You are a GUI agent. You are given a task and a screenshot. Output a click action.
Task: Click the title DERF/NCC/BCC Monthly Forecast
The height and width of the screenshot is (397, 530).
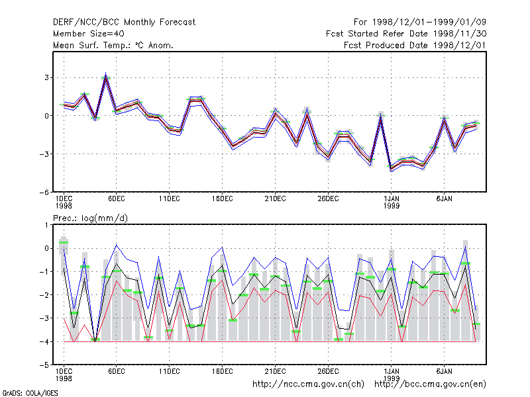coord(124,22)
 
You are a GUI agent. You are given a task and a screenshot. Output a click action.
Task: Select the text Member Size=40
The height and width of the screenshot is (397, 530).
coord(89,34)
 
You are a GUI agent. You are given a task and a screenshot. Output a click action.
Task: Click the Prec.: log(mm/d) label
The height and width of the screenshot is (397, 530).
coord(90,218)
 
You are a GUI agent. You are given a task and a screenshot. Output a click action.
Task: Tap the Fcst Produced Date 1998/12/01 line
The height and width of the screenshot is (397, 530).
coord(415,45)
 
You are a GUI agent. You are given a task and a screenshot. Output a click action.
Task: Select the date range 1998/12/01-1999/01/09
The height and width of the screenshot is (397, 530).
coord(429,22)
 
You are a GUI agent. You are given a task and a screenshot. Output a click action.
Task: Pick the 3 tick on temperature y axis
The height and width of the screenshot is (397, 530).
coord(46,77)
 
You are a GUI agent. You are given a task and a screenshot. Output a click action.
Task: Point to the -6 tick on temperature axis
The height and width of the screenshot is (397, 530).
coord(44,192)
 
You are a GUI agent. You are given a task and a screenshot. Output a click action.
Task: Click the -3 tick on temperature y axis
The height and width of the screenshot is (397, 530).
coord(44,154)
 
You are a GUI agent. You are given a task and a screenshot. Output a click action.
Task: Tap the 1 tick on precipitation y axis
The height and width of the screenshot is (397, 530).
coord(46,225)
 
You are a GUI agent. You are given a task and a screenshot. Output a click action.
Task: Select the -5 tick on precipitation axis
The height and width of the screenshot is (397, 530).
coord(44,365)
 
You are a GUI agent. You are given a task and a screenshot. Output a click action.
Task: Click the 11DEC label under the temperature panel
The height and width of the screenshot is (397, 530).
coord(170,199)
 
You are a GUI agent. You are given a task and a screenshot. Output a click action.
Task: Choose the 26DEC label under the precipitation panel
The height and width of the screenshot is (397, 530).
coord(328,371)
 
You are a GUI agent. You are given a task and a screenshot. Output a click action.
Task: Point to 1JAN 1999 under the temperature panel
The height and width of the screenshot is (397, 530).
coord(392,202)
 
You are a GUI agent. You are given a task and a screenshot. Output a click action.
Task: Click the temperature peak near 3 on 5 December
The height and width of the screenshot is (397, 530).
coord(106,73)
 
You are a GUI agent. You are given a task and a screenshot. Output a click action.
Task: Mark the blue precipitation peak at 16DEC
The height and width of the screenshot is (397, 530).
coord(222,247)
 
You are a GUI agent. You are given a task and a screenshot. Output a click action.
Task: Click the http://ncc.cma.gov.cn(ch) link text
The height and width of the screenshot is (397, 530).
coord(308,384)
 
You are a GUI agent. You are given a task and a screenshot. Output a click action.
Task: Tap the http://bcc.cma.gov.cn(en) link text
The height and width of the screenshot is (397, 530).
coord(430,384)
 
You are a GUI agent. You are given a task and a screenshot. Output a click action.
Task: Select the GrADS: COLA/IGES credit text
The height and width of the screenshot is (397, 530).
coord(30,393)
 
